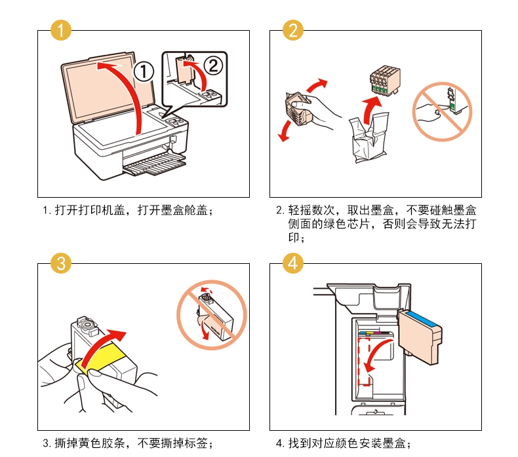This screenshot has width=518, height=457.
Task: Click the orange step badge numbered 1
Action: click(60, 30)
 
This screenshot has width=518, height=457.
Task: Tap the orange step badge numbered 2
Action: click(293, 30)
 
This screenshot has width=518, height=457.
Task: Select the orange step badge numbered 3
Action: click(60, 263)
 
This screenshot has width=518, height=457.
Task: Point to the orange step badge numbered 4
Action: click(293, 263)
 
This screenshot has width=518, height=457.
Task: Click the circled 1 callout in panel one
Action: click(144, 70)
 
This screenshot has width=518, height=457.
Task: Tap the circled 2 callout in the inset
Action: click(212, 64)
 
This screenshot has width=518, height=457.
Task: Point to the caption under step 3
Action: click(129, 443)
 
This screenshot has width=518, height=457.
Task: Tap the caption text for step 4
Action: click(344, 443)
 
